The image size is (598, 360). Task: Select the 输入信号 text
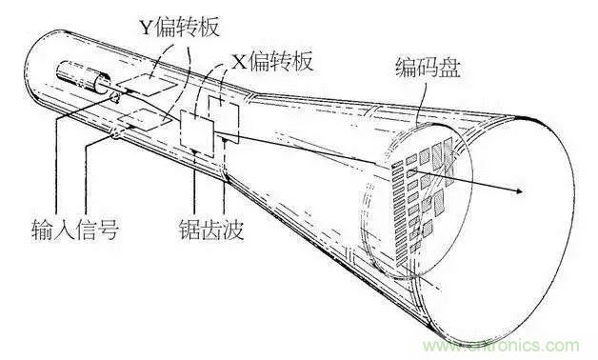click(74, 230)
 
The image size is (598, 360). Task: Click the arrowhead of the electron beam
click(518, 191)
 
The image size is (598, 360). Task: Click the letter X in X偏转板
click(238, 61)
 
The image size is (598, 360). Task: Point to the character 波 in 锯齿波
click(237, 230)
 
